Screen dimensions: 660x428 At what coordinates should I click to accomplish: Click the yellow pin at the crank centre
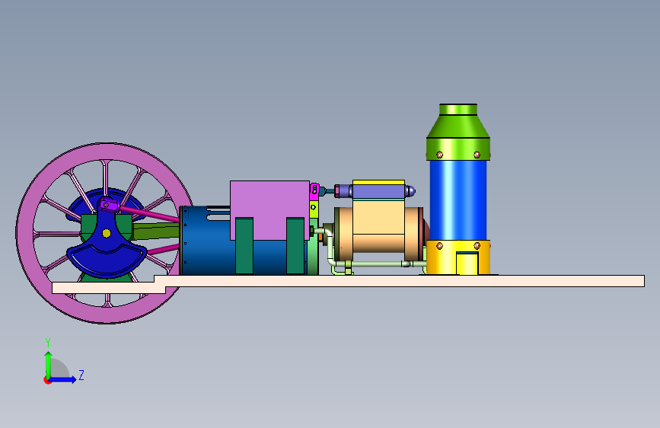click(107, 233)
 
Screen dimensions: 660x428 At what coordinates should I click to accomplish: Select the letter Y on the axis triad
click(48, 343)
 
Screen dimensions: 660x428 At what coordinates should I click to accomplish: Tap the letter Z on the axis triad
click(81, 375)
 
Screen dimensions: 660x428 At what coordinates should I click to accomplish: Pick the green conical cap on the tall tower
click(458, 121)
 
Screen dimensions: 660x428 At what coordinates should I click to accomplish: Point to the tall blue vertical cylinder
click(458, 200)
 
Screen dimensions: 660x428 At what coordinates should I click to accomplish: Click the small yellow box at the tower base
click(467, 264)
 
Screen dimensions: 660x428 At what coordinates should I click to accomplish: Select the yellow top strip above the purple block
click(378, 183)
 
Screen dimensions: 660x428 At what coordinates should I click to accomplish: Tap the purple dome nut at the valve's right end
click(410, 191)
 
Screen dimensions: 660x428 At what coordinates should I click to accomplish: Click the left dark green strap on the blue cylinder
click(244, 245)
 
